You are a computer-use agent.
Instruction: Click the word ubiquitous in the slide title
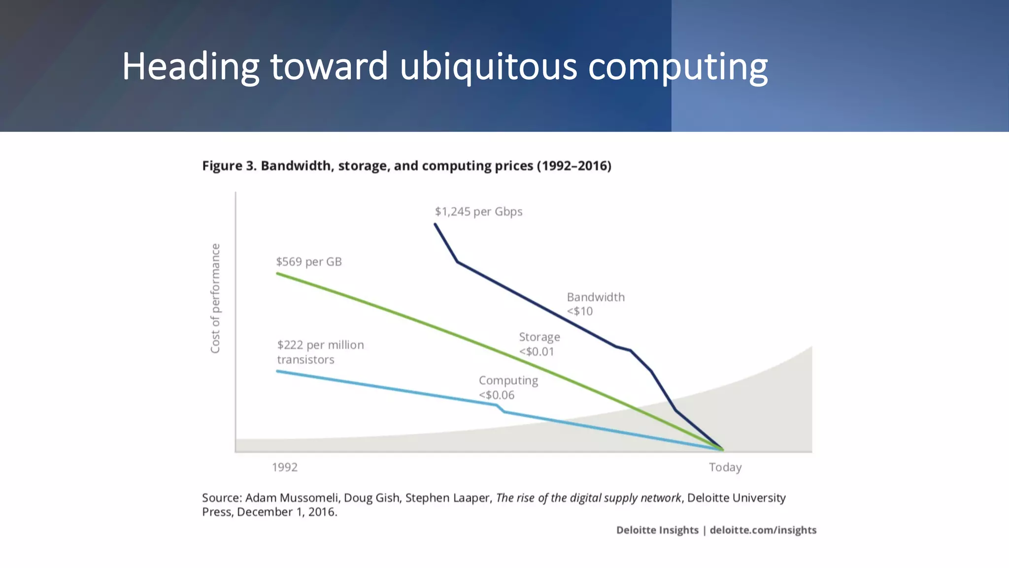pos(488,67)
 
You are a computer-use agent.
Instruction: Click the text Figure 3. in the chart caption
pos(229,166)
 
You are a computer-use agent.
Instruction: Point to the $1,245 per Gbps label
pos(478,212)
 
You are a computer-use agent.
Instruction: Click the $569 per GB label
pos(308,262)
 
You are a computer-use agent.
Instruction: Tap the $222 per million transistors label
pos(320,352)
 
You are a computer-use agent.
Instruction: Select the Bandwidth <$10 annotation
pos(595,304)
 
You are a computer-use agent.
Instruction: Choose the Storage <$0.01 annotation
pos(539,344)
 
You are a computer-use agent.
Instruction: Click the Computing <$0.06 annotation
pos(508,388)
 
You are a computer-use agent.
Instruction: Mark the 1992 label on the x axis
pos(285,467)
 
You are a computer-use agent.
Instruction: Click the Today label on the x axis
pos(725,467)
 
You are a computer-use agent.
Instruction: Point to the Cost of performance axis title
pos(215,298)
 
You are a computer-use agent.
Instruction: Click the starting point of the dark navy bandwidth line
pos(435,224)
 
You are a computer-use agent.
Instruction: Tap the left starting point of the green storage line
pos(277,273)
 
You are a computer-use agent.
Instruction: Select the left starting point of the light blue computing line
pos(277,371)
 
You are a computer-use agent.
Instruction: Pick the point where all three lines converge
pos(722,449)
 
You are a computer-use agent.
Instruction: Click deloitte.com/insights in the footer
pos(763,530)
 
